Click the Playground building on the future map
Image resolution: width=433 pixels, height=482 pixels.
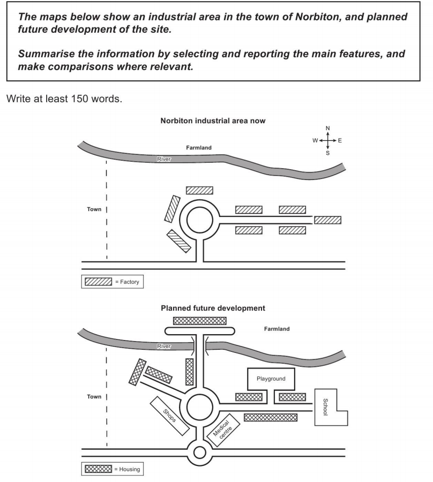coord(270,379)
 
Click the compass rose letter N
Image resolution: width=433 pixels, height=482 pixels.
coord(328,128)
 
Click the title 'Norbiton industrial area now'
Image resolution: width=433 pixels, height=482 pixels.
coord(213,121)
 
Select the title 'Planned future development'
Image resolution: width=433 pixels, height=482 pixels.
coord(213,308)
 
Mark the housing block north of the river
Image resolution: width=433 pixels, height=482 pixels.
coord(199,321)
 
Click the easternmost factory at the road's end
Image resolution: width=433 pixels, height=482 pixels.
coord(327,220)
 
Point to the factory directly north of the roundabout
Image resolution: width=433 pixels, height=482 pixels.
coord(199,190)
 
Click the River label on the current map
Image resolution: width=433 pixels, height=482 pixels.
coord(163,159)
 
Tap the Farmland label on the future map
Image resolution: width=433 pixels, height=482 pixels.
coord(277,329)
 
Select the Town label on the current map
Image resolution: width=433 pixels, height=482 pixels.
coord(94,209)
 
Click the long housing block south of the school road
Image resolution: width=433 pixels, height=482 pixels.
coord(270,417)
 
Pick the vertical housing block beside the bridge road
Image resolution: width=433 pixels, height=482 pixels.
coord(189,372)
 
